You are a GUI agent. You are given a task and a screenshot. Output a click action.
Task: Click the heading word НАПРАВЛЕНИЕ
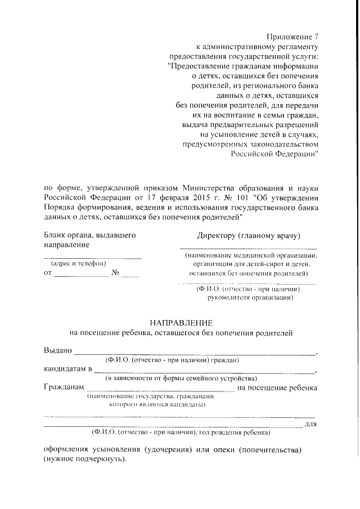[181, 323]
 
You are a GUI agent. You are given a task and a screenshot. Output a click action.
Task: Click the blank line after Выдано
[195, 353]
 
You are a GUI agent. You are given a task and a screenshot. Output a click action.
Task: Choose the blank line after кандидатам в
[205, 372]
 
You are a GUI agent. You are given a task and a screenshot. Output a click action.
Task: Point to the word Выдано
[58, 350]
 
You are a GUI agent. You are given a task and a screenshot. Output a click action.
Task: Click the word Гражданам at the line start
[64, 388]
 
